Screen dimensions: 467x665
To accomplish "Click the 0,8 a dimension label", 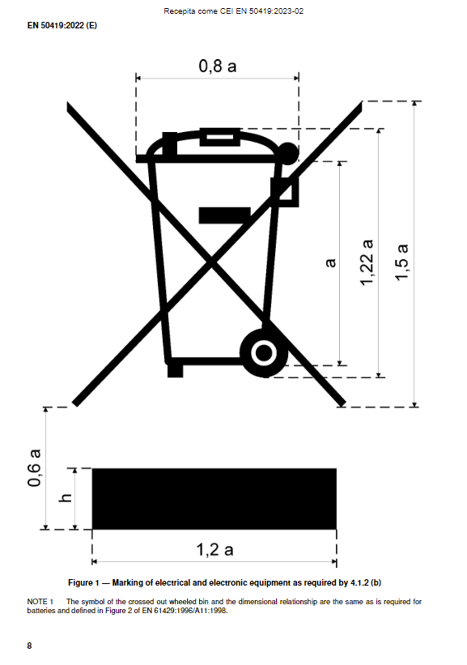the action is click(218, 66).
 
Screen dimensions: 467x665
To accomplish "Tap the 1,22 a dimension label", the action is click(367, 262).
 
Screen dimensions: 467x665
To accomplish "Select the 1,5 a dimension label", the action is click(401, 262).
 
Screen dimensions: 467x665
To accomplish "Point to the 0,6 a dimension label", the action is click(34, 468).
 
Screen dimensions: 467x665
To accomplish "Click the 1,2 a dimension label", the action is click(214, 550).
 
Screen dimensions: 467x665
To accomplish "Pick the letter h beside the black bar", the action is click(66, 497).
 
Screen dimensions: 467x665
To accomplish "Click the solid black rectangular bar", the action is click(214, 499).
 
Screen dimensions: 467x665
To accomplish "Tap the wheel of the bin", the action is click(264, 352).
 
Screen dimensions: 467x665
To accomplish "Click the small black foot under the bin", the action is click(175, 371).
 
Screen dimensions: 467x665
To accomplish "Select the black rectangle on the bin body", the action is click(225, 215).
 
